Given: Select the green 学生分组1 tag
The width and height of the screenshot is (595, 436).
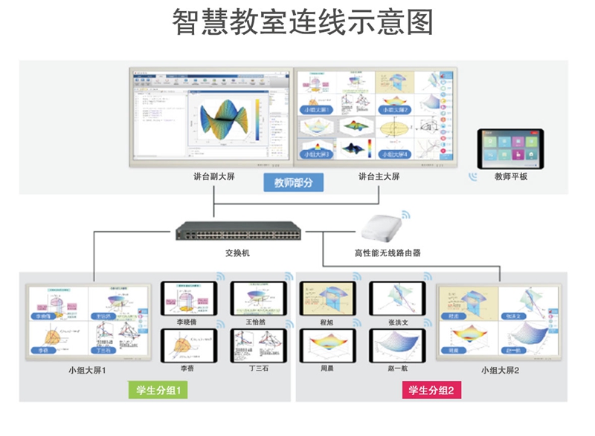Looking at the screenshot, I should coord(158,390).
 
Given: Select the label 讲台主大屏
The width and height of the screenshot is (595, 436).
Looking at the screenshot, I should coord(379,177).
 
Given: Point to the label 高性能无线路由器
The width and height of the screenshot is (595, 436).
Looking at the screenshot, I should coord(387,253).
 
